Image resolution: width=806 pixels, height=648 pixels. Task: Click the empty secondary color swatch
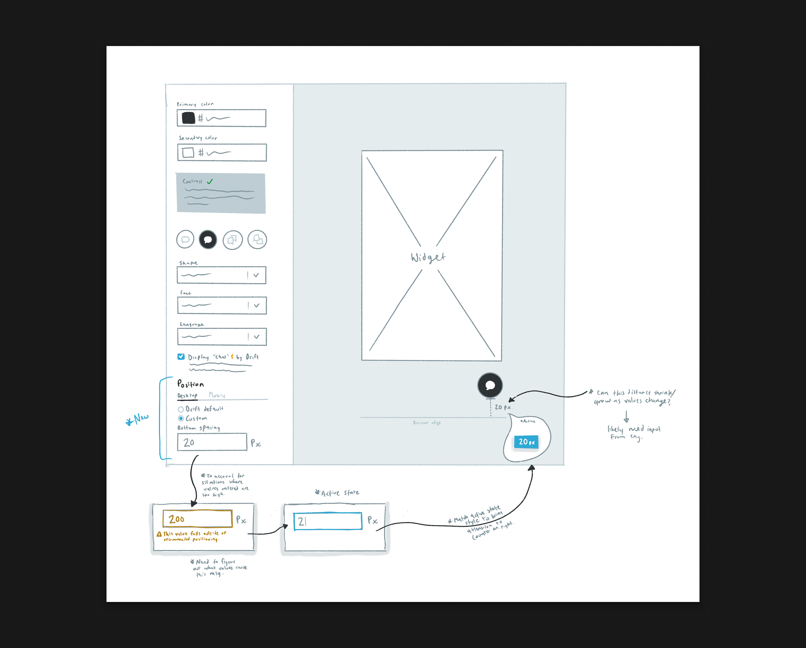[188, 153]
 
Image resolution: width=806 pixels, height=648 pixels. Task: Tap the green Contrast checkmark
[210, 182]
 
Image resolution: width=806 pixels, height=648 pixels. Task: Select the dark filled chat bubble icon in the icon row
[208, 239]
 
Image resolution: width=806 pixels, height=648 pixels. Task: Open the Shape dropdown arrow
[256, 275]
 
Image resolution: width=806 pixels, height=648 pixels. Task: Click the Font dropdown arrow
[256, 305]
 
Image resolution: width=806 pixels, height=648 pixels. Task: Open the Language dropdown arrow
[256, 337]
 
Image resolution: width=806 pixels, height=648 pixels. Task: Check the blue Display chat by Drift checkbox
[181, 357]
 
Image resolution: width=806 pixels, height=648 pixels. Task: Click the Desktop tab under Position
[187, 395]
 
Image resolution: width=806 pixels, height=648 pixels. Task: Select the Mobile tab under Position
[217, 395]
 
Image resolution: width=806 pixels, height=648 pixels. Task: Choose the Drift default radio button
[181, 409]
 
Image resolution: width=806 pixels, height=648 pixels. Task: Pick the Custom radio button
[181, 419]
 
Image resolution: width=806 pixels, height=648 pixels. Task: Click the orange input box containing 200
[197, 519]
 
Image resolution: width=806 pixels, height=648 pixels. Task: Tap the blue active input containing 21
[328, 521]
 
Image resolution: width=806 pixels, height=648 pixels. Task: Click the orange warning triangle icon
[159, 534]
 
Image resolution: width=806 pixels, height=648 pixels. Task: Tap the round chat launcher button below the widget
[490, 385]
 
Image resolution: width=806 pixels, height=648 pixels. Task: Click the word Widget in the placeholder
[428, 258]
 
